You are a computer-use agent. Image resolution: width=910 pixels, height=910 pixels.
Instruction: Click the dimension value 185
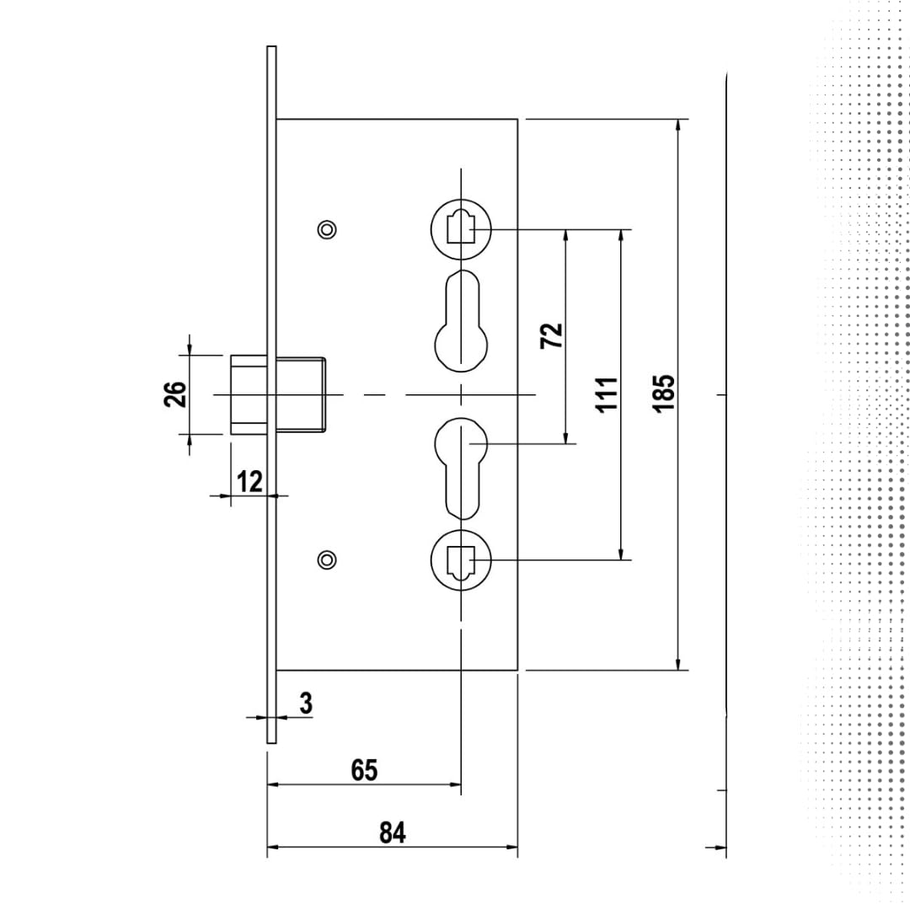click(x=664, y=394)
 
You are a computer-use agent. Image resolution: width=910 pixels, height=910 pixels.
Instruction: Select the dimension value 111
click(x=607, y=394)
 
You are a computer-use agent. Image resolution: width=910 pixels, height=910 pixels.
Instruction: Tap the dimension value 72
click(x=551, y=336)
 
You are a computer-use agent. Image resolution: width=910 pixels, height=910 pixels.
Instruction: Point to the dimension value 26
click(x=175, y=394)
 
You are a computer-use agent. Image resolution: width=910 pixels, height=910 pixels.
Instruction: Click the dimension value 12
click(x=249, y=481)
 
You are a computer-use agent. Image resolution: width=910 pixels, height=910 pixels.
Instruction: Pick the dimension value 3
click(x=306, y=703)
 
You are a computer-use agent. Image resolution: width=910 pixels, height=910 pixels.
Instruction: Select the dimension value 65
click(x=364, y=770)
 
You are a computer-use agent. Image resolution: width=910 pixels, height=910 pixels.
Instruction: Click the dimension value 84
click(x=393, y=832)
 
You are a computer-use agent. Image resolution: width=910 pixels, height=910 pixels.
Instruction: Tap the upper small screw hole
click(x=327, y=230)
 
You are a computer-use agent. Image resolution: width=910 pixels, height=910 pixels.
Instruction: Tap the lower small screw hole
click(x=327, y=560)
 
